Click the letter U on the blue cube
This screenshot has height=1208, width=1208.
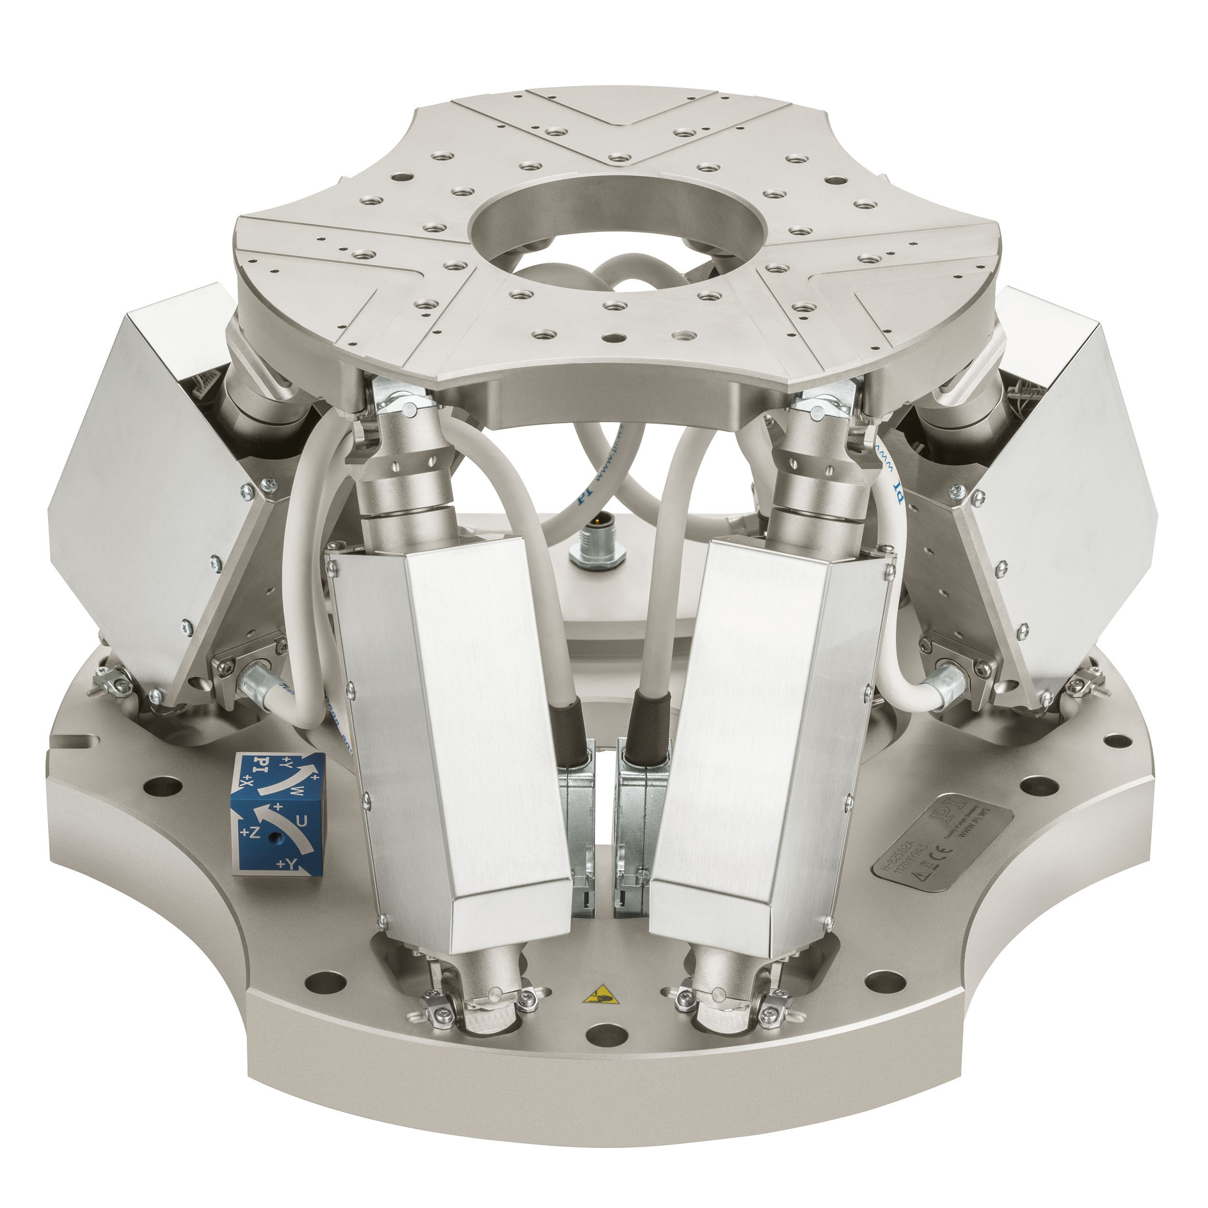[x=301, y=823]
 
